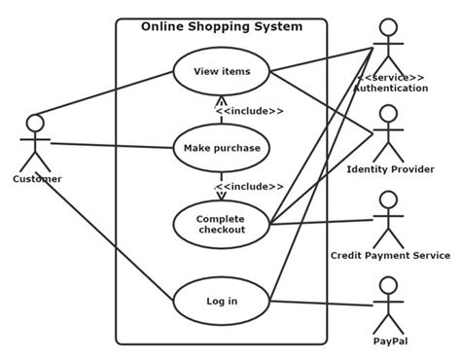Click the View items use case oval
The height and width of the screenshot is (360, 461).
point(221,71)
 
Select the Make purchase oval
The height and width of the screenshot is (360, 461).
point(221,147)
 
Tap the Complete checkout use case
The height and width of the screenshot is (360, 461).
point(221,224)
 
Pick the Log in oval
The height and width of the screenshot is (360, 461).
point(221,301)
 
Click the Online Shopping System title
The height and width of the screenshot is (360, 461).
point(222,26)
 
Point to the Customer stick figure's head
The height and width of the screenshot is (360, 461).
point(35,124)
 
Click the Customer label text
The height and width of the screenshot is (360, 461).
point(37,179)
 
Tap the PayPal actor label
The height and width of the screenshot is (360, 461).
point(389,342)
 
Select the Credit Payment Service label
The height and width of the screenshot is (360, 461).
point(389,255)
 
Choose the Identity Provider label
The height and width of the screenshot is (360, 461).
point(390,169)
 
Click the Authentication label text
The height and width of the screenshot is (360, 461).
point(390,89)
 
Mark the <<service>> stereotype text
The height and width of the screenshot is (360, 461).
point(390,77)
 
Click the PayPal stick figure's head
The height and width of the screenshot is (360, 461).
point(388,285)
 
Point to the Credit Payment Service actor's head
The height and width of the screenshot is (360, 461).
point(388,200)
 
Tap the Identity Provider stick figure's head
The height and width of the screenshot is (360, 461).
point(388,114)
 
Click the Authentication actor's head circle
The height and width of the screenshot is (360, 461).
point(388,27)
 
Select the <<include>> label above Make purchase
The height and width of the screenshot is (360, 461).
point(250,111)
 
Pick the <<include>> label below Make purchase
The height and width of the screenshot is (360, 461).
point(250,186)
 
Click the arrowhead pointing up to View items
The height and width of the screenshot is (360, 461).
point(221,100)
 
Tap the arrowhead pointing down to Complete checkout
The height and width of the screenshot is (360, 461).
point(221,194)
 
